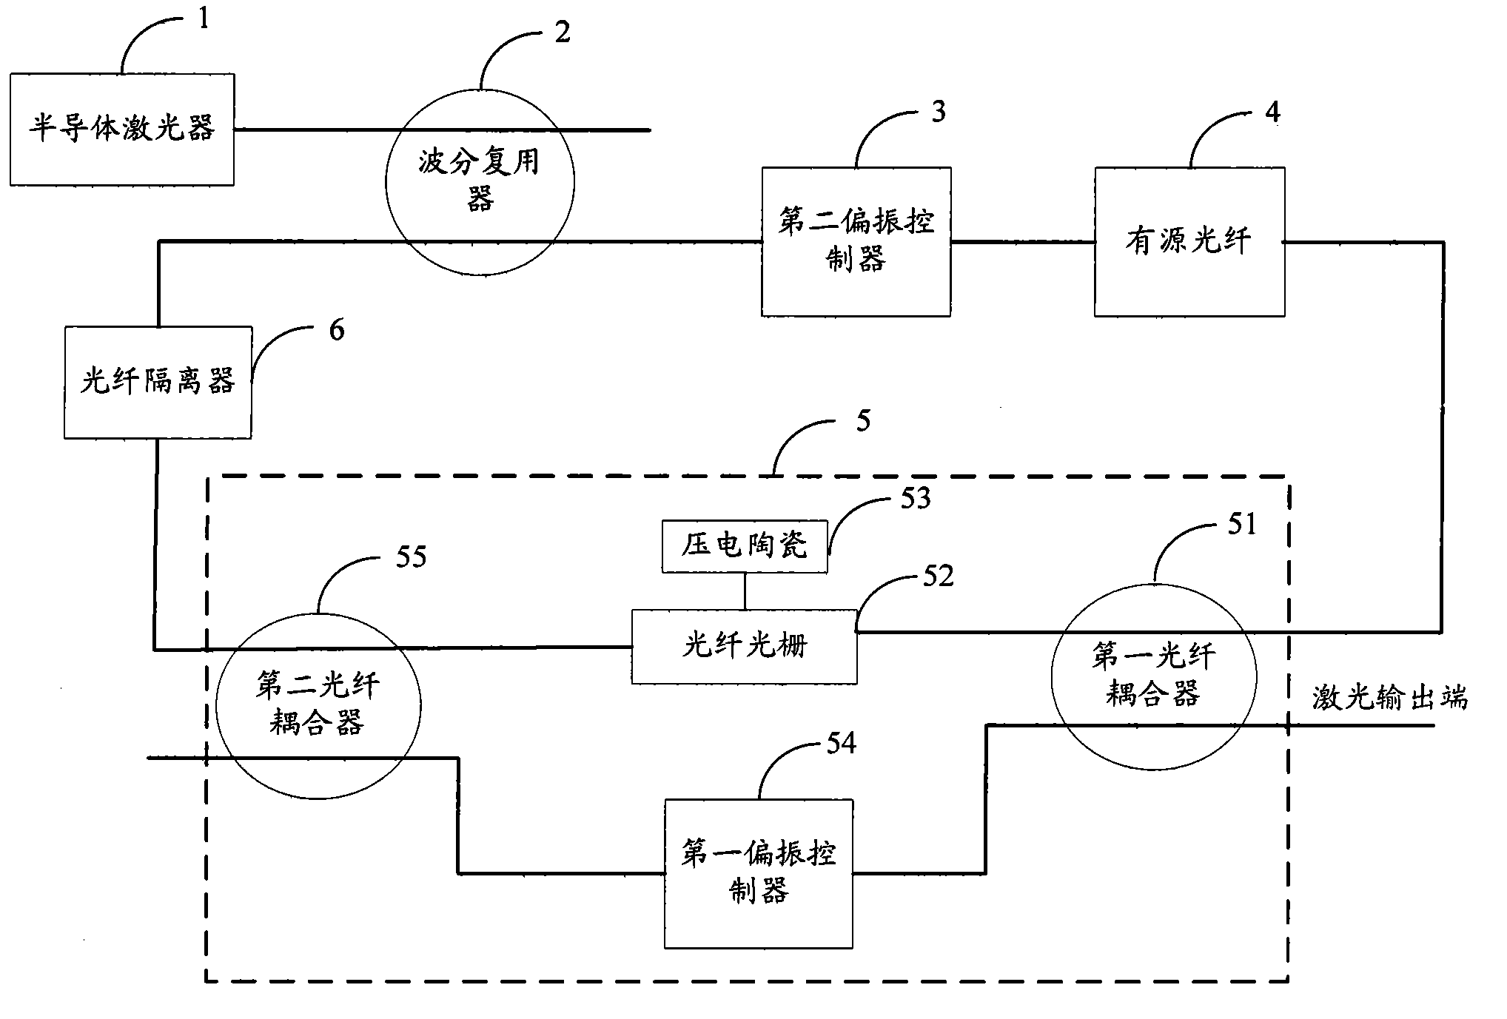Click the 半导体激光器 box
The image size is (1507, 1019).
pos(122,130)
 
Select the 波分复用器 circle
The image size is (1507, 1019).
pos(480,182)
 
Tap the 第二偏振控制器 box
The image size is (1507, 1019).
pos(856,241)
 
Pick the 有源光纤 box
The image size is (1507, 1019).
pos(1189,241)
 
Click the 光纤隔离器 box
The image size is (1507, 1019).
pos(158,382)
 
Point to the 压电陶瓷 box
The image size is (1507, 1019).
pos(745,546)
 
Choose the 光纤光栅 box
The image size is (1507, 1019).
pos(744,646)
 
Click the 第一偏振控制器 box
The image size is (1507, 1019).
pos(759,873)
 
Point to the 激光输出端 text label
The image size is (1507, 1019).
pos(1389,698)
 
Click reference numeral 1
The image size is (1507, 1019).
pos(204,18)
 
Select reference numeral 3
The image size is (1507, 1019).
pos(938,112)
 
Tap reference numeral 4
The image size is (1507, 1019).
pos(1272,112)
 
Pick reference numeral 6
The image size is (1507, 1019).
pos(337,330)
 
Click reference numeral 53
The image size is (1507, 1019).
pos(915,499)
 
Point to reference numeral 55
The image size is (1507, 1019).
pos(411,556)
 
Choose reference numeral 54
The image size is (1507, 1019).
pos(841,743)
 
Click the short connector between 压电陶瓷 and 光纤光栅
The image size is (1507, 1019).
pos(745,591)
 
